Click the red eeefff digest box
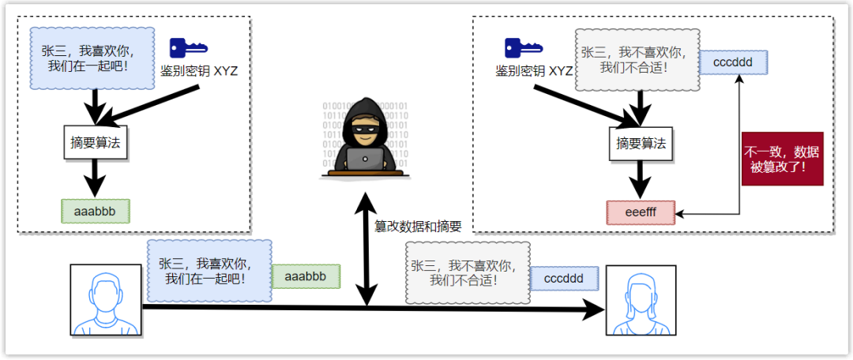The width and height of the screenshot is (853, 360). (641, 213)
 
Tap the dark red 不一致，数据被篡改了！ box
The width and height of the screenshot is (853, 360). (782, 159)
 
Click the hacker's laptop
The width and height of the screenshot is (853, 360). (364, 159)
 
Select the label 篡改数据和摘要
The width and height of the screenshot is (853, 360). (418, 226)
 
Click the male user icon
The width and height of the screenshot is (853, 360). (105, 301)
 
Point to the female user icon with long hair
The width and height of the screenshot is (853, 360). (641, 302)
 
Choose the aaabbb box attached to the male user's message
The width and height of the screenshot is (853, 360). (306, 276)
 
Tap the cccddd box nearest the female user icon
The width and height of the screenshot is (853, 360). (564, 279)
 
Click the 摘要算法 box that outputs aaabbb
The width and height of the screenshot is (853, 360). (95, 143)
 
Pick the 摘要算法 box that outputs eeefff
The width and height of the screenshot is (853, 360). (641, 144)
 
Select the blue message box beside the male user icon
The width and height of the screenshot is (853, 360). (207, 268)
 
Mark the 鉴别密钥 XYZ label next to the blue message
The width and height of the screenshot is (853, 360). (199, 71)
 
